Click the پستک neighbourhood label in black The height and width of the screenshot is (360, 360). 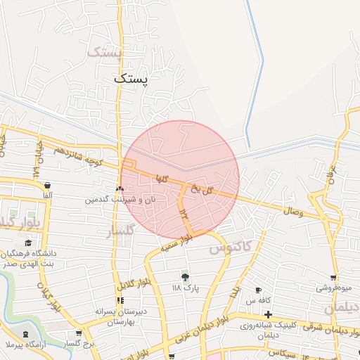click(131, 80)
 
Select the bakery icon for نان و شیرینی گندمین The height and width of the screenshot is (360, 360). click(120, 188)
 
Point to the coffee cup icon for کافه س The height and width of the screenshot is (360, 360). click(259, 290)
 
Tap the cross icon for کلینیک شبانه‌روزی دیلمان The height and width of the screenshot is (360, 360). click(268, 313)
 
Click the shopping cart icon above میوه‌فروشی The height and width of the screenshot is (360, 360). click(333, 277)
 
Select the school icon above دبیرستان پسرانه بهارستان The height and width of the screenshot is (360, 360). click(120, 300)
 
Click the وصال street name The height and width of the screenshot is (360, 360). click(292, 212)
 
